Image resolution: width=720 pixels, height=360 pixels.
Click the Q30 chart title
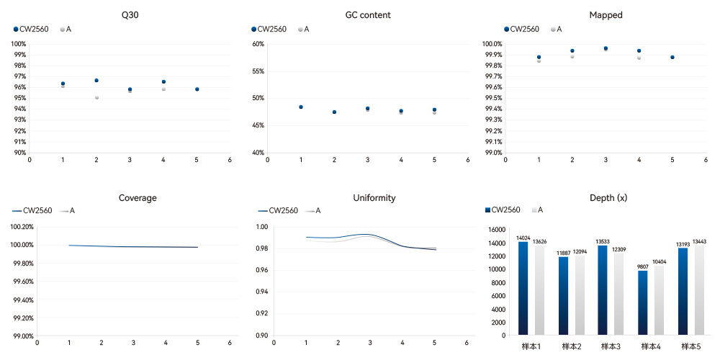point(130,14)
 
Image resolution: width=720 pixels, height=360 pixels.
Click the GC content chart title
point(367,14)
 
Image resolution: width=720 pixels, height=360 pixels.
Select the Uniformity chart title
point(367,198)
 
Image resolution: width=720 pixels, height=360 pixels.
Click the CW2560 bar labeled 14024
point(523,288)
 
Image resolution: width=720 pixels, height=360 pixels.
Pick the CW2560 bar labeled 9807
point(643,302)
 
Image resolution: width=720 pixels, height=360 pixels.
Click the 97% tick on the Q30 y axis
point(19,76)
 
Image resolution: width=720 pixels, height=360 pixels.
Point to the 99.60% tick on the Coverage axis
point(24,282)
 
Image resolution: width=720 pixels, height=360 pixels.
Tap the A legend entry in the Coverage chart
point(69,211)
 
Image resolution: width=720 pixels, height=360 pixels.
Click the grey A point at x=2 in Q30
point(96,97)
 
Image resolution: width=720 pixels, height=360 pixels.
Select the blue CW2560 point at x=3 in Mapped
point(606,48)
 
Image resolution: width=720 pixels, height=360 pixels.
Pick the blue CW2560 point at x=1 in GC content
point(301,107)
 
